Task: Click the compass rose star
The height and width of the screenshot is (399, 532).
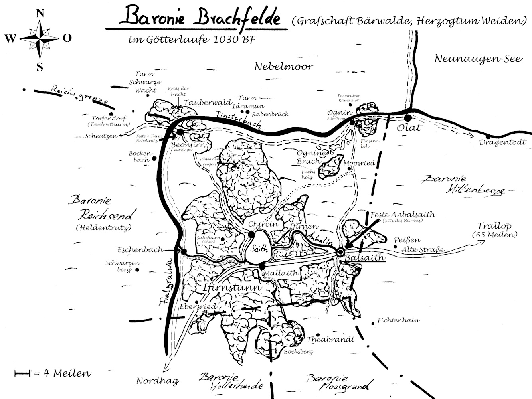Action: (x=40, y=38)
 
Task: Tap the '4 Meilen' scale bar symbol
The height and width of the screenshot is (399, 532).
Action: (x=22, y=374)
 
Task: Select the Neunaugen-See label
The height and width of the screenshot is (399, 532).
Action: (x=478, y=59)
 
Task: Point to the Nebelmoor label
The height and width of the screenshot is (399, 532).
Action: (x=284, y=66)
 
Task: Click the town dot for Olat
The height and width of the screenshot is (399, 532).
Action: (x=407, y=118)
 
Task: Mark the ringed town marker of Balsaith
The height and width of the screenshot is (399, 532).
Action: (x=340, y=252)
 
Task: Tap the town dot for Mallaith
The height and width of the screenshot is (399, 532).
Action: (x=262, y=266)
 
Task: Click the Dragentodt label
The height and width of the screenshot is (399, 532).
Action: (x=503, y=142)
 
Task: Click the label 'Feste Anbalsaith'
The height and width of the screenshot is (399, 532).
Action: (x=402, y=215)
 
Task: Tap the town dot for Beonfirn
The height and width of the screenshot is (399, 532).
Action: (x=180, y=132)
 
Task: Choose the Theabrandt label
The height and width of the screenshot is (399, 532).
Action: (x=331, y=340)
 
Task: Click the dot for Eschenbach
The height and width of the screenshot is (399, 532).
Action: (x=184, y=251)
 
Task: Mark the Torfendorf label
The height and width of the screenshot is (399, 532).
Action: (x=109, y=119)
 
